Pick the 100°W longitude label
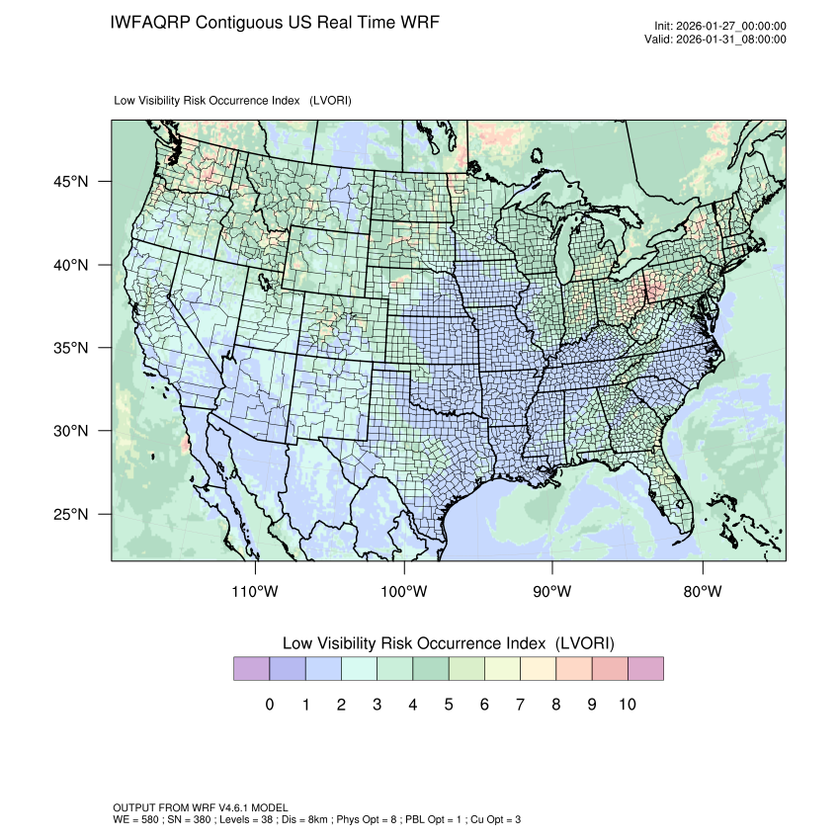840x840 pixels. [x=404, y=592]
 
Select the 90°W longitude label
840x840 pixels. [x=552, y=592]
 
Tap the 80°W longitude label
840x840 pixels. [x=702, y=592]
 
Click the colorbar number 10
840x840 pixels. [x=628, y=705]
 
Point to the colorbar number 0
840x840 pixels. [x=269, y=705]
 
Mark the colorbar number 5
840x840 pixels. [x=449, y=705]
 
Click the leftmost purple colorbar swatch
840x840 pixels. [x=251, y=669]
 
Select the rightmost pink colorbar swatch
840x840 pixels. [x=645, y=669]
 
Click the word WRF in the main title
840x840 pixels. [x=416, y=22]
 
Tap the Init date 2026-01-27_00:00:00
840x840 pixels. [x=730, y=27]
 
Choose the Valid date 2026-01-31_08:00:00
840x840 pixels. [x=730, y=40]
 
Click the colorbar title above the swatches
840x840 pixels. [x=449, y=643]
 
